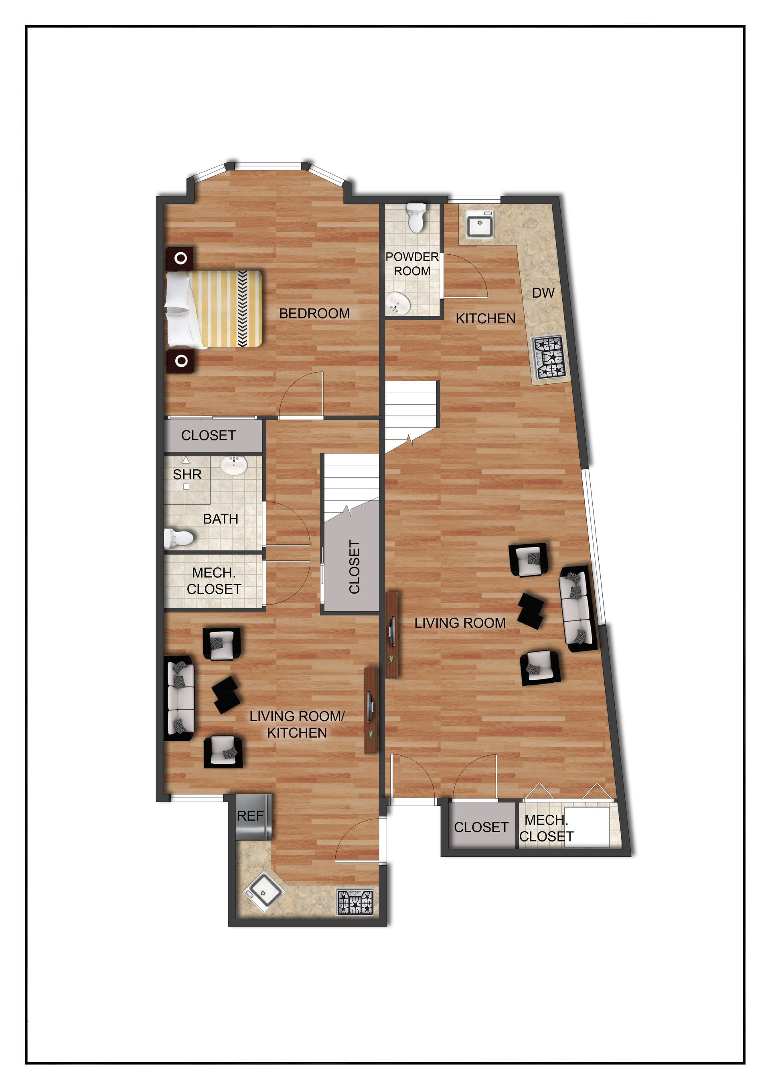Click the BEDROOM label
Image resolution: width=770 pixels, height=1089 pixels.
[x=314, y=314]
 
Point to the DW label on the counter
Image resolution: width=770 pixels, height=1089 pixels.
[x=543, y=293]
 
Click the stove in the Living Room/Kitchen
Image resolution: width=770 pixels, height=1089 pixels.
[x=355, y=902]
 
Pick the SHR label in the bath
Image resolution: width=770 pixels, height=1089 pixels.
[x=187, y=474]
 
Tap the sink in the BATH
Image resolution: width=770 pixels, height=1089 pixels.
[x=234, y=466]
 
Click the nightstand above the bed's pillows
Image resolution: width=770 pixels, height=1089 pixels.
[x=180, y=258]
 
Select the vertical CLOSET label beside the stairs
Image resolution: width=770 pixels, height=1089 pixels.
[x=354, y=567]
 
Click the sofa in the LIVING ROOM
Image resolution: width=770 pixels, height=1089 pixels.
[x=577, y=608]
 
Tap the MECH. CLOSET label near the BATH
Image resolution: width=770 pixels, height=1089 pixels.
[x=214, y=581]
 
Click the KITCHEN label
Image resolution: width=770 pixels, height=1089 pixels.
[x=486, y=319]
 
